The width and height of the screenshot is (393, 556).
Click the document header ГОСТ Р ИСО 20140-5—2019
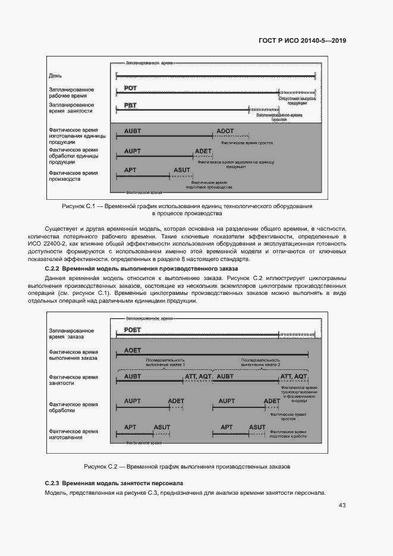click(302, 41)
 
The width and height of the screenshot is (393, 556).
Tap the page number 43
click(342, 505)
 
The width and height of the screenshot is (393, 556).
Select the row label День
click(55, 76)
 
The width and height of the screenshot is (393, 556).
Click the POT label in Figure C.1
click(130, 88)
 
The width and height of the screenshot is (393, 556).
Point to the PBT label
click(130, 106)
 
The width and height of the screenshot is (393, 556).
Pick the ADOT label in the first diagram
click(225, 131)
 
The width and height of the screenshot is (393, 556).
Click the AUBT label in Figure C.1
click(133, 131)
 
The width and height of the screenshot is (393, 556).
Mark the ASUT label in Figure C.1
click(182, 170)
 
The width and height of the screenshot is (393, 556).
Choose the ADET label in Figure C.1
click(203, 150)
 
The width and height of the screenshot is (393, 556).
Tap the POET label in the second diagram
click(133, 330)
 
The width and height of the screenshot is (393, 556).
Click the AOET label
click(133, 351)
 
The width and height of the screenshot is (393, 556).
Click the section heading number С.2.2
click(54, 269)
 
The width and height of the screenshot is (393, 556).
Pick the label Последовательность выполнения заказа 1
click(165, 362)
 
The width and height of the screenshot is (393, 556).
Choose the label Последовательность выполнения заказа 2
click(260, 362)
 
